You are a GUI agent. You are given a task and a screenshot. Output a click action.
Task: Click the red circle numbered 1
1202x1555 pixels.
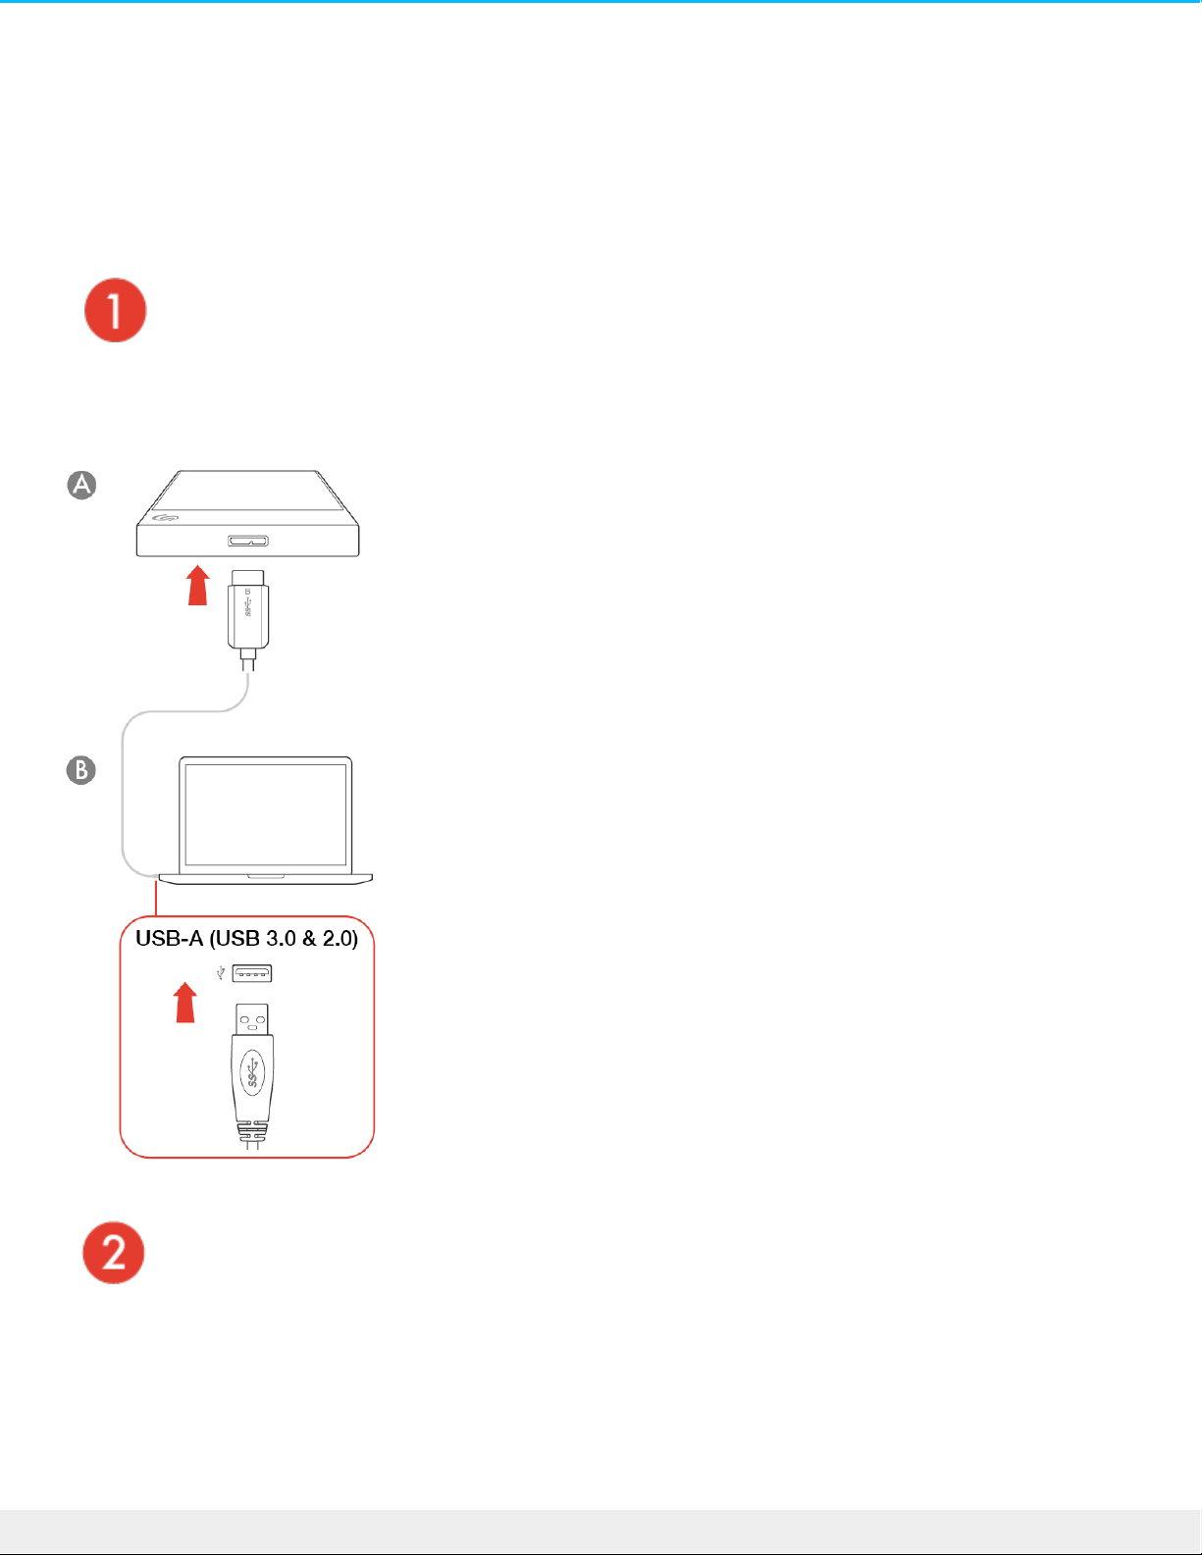pyautogui.click(x=115, y=310)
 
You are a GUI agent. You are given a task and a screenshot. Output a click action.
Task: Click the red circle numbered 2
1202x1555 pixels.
pyautogui.click(x=114, y=1252)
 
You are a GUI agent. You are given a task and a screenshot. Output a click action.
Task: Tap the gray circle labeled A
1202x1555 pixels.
pyautogui.click(x=81, y=485)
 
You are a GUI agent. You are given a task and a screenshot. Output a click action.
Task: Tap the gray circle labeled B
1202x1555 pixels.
pyautogui.click(x=80, y=770)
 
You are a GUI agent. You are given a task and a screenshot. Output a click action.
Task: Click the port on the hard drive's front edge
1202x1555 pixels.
pyautogui.click(x=247, y=541)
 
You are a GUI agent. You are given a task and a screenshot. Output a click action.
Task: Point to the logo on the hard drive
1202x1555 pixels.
pyautogui.click(x=165, y=517)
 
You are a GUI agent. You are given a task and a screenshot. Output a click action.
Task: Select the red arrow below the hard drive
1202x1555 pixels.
pyautogui.click(x=198, y=586)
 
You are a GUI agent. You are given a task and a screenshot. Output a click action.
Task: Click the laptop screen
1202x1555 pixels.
pyautogui.click(x=266, y=814)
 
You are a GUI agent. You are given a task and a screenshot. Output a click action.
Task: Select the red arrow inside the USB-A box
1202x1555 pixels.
pyautogui.click(x=185, y=1002)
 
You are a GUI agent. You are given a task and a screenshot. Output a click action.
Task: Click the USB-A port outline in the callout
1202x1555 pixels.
pyautogui.click(x=252, y=973)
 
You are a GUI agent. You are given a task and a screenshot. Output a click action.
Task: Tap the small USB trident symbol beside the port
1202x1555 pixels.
pyautogui.click(x=221, y=972)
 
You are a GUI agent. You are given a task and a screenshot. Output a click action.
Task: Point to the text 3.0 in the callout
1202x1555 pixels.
pyautogui.click(x=282, y=938)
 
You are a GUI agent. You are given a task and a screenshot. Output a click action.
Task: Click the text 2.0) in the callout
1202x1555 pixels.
pyautogui.click(x=340, y=938)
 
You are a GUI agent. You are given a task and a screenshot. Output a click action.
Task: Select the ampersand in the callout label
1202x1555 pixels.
pyautogui.click(x=309, y=938)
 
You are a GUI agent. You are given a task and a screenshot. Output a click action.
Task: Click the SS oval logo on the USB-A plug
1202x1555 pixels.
pyautogui.click(x=252, y=1071)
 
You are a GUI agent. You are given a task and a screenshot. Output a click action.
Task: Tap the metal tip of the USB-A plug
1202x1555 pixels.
pyautogui.click(x=252, y=1019)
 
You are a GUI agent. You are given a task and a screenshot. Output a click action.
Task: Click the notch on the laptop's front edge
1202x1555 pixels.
pyautogui.click(x=266, y=877)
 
